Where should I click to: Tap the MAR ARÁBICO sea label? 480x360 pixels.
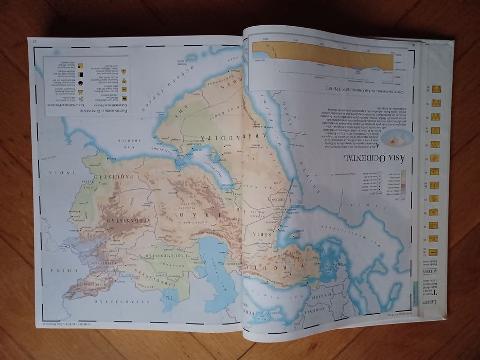click(x=102, y=139)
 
